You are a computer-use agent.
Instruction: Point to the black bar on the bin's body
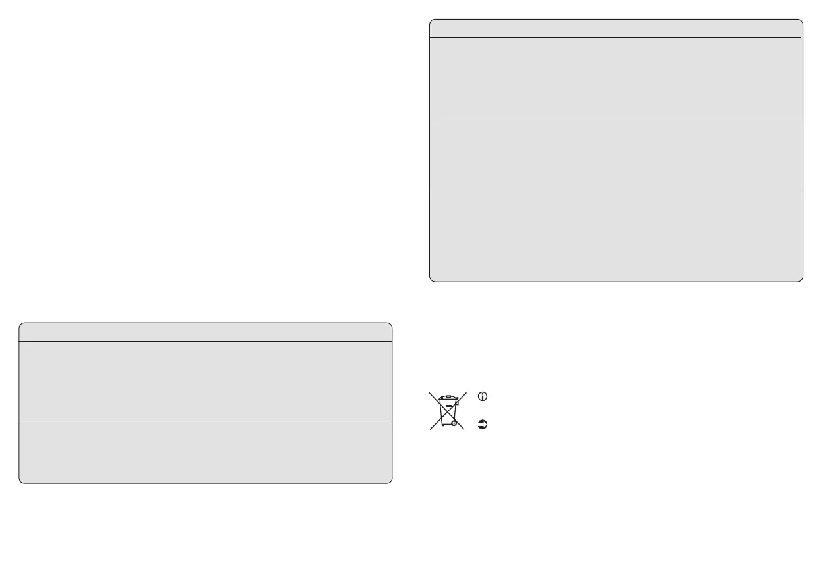coord(448,415)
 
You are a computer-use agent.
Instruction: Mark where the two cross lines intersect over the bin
coord(448,411)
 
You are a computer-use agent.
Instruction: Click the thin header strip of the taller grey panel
coord(616,28)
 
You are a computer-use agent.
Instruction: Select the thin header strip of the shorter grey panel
coord(205,332)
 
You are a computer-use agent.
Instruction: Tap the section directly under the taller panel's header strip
coord(616,78)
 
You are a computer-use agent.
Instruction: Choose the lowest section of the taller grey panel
coord(616,236)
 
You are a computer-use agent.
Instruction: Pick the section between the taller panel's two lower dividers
coord(616,154)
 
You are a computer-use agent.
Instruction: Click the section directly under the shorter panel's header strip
coord(205,382)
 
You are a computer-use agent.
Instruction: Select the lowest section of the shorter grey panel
coord(205,453)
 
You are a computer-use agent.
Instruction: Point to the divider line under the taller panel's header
coord(616,38)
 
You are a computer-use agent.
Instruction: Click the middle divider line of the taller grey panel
coord(616,119)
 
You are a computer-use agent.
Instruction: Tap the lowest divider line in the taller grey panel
coord(616,190)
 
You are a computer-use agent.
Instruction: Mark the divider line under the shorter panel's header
coord(205,341)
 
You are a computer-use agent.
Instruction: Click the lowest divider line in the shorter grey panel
coord(205,423)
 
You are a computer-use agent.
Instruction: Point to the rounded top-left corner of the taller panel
coord(432,22)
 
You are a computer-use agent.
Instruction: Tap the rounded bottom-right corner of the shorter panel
coord(389,481)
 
